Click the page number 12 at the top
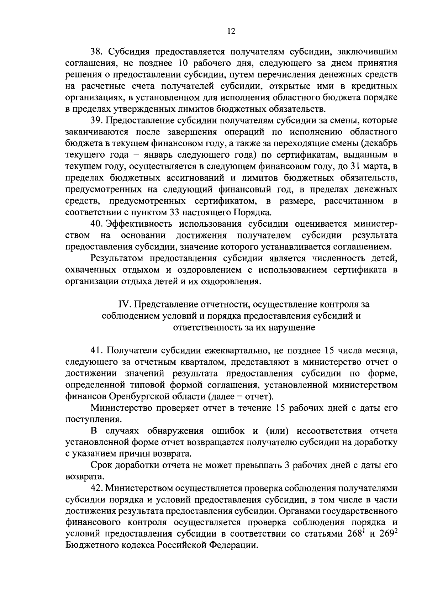231,31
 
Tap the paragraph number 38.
96,52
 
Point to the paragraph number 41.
96,350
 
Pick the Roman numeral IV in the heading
125,305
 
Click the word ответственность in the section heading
207,327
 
